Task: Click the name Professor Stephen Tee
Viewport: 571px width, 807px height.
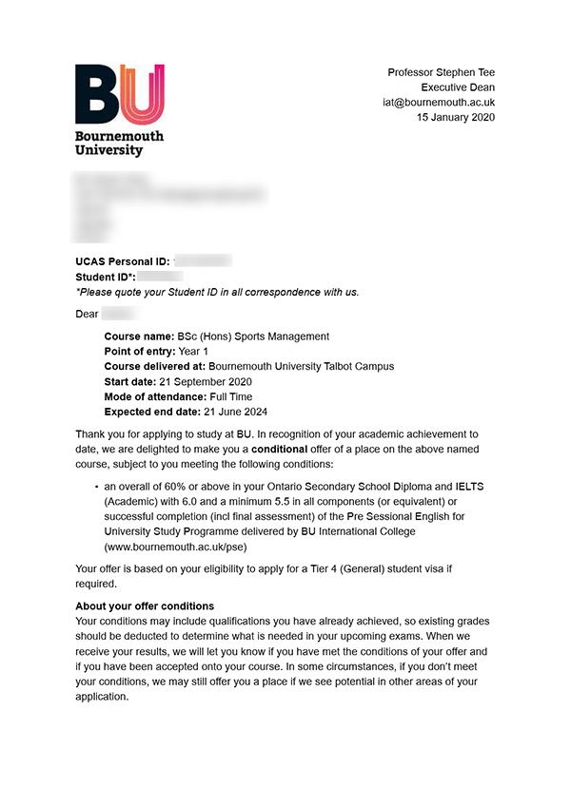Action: coord(441,73)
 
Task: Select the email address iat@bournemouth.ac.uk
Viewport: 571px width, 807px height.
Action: coord(439,103)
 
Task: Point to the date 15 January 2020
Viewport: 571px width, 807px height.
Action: coord(455,118)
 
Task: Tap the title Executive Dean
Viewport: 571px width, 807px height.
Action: coord(458,87)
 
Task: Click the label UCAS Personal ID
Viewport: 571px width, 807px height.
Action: coord(122,261)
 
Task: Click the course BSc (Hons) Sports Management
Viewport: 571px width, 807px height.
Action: coord(253,336)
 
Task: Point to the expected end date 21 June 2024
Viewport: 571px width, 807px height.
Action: coord(236,413)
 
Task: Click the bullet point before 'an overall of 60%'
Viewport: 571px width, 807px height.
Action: coord(97,487)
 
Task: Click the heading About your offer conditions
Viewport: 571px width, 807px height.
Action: coord(145,606)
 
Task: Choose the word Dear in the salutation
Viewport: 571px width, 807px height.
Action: coord(87,313)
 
